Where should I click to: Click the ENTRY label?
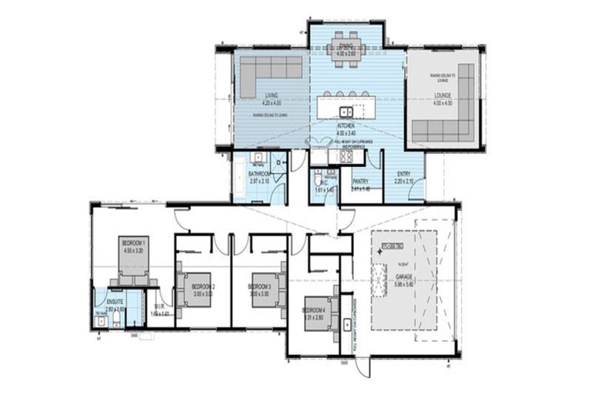403,174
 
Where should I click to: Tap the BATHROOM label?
259,174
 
